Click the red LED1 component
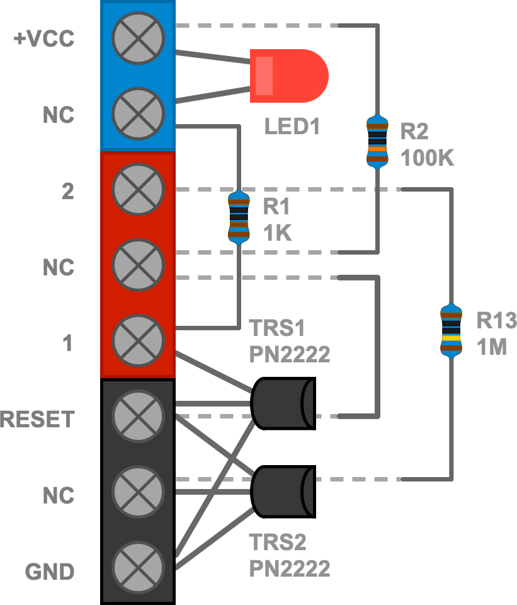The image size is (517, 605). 288,76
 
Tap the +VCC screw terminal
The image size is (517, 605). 138,38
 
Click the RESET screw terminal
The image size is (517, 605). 138,416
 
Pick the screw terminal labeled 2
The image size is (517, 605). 138,189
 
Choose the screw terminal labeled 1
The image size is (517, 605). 138,340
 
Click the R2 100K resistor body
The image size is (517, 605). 377,142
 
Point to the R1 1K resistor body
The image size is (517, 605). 239,217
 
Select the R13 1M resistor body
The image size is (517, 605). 451,331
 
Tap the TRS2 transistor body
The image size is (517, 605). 282,492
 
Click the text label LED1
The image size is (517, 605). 292,127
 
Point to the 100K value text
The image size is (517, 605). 428,158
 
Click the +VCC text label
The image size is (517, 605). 44,39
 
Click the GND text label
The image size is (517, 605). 50,572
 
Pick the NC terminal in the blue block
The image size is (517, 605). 138,113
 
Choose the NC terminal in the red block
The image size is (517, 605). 138,265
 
